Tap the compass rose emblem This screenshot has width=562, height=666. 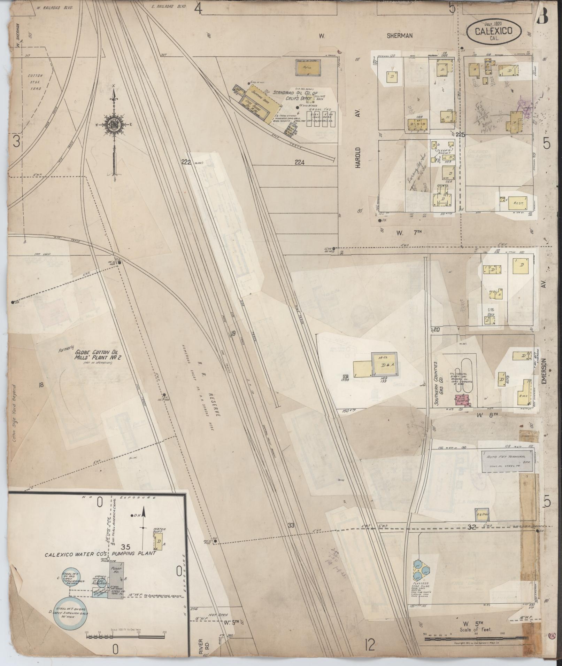pos(114,125)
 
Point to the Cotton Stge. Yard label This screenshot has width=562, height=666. pos(34,82)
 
